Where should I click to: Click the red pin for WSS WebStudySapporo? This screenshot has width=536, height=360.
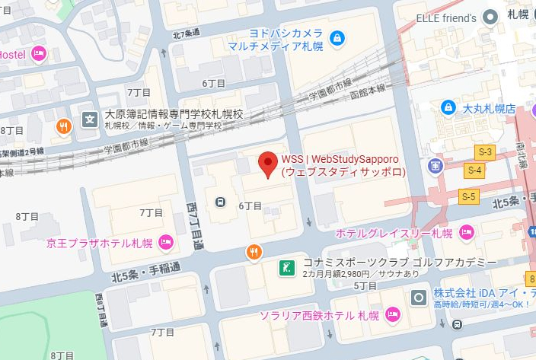[267, 163]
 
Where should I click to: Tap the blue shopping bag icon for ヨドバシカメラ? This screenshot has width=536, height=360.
[336, 37]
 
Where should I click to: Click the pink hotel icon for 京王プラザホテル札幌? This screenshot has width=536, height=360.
[166, 244]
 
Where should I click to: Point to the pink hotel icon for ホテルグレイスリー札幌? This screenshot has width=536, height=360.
[467, 232]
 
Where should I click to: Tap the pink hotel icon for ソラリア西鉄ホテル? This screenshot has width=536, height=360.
[393, 314]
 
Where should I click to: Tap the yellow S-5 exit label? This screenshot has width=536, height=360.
[470, 197]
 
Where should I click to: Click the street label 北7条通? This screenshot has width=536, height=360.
[186, 33]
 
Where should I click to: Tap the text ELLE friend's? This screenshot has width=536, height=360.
[447, 17]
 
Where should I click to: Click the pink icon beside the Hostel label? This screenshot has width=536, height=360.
[39, 54]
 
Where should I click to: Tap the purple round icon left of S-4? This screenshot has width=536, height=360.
[435, 165]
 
